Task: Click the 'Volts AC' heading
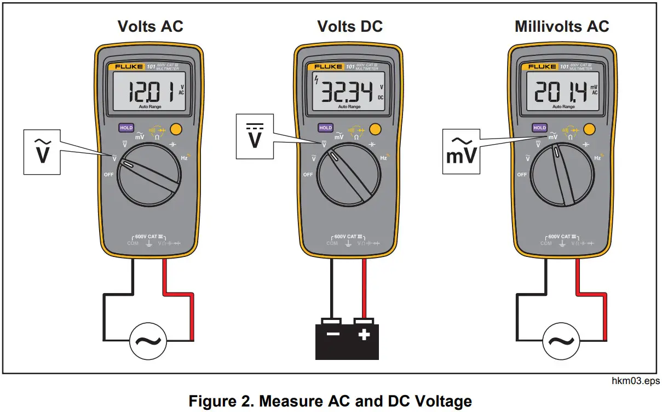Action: coord(151,26)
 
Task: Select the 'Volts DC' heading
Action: coord(350,26)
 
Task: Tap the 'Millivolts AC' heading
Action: coord(562,26)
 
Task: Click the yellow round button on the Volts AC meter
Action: coord(176,130)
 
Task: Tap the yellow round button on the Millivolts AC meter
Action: coord(589,130)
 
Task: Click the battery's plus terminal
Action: coord(364,334)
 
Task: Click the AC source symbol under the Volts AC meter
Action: coord(148,342)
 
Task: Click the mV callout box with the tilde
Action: coord(460,151)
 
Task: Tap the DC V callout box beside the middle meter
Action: coord(255,136)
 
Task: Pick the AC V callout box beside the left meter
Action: coord(42,151)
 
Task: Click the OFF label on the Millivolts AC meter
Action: coord(522,175)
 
